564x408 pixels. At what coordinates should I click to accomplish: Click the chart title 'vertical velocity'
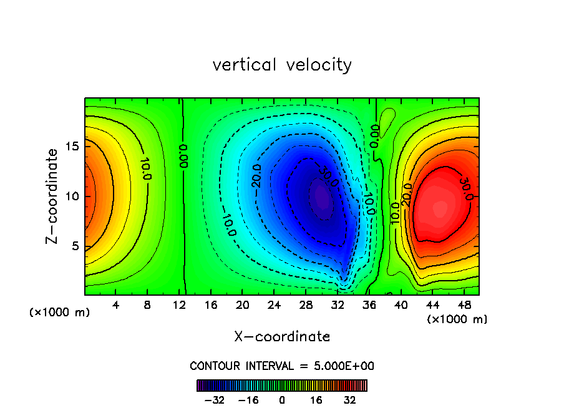[x=282, y=65]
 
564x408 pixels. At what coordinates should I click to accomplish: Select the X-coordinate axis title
[x=282, y=337]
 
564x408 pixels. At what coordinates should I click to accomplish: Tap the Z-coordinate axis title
[x=54, y=196]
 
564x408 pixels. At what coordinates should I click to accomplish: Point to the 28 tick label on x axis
[x=306, y=306]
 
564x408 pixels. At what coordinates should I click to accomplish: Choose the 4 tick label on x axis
[x=116, y=306]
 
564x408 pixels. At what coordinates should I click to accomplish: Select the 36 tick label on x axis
[x=369, y=306]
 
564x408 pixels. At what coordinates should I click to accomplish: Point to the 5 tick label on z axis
[x=75, y=246]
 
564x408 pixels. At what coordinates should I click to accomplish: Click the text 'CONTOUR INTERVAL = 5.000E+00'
[x=282, y=366]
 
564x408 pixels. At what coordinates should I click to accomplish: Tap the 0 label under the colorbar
[x=282, y=400]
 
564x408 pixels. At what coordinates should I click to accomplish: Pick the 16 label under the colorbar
[x=316, y=400]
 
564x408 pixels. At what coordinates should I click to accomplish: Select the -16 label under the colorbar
[x=248, y=400]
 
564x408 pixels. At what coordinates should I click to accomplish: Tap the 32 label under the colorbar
[x=350, y=400]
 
